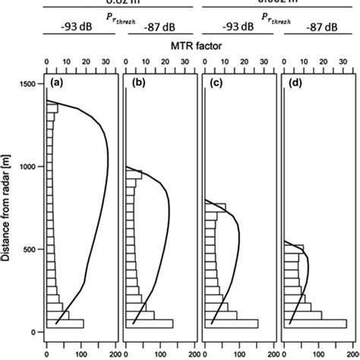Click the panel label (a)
(x=56, y=82)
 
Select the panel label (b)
(x=139, y=82)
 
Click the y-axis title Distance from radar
(x=7, y=205)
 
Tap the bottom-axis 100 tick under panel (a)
(x=83, y=352)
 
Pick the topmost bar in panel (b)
(x=133, y=175)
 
